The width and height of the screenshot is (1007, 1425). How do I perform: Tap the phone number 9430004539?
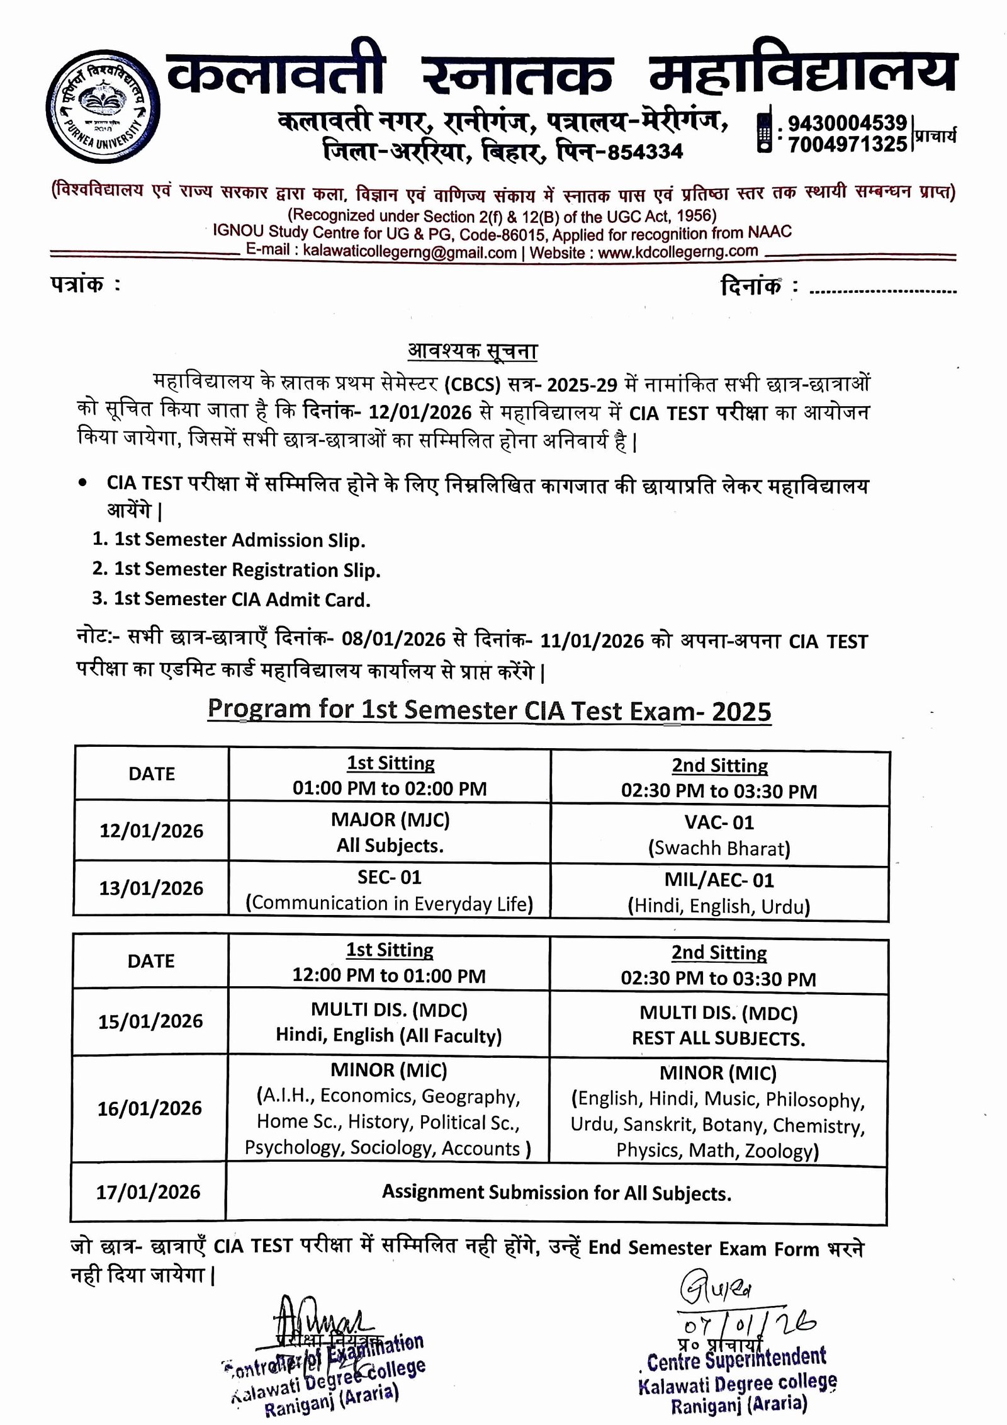click(847, 122)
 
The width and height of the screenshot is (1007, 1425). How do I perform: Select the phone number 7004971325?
click(847, 144)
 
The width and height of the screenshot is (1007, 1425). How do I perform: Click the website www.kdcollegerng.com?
click(677, 252)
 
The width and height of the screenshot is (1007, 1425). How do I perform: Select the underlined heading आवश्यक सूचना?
click(473, 350)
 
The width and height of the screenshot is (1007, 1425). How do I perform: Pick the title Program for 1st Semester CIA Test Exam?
click(489, 710)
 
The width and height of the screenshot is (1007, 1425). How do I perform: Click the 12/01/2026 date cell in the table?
click(152, 831)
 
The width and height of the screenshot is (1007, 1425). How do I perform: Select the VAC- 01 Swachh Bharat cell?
click(719, 835)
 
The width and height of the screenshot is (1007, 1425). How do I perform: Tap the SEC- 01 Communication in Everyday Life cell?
click(390, 890)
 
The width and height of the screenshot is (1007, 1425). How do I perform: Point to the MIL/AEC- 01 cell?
click(719, 892)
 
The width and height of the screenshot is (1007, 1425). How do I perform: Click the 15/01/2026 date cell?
click(150, 1021)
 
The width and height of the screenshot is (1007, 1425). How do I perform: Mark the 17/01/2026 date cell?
click(149, 1191)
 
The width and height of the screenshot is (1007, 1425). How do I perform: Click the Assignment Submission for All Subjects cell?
click(556, 1192)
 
